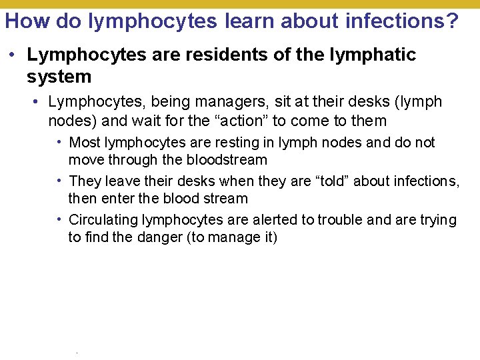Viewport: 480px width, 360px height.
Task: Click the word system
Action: [x=59, y=77]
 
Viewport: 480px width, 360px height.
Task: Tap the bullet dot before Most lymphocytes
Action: [x=61, y=142]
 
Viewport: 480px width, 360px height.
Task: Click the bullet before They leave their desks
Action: [x=61, y=181]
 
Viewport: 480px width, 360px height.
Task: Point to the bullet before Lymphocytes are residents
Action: [x=14, y=55]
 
